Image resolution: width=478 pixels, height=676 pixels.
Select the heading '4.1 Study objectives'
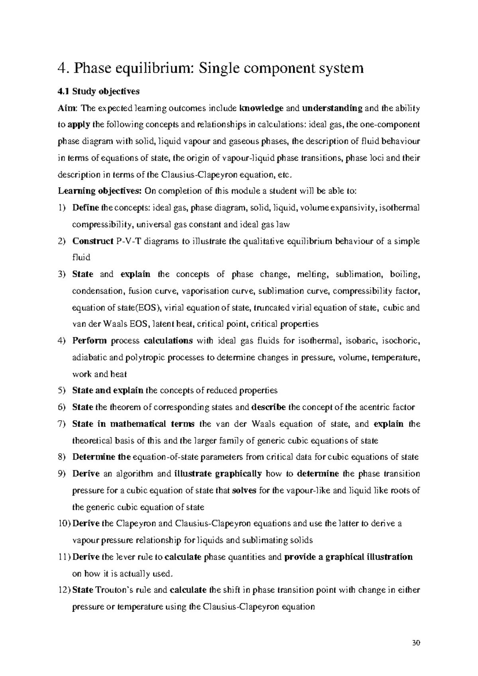click(x=99, y=91)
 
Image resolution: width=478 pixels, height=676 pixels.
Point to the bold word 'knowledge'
click(x=262, y=108)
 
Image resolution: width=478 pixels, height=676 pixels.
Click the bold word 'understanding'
click(x=332, y=108)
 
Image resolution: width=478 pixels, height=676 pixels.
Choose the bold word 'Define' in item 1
click(x=85, y=208)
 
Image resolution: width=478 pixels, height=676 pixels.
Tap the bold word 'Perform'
click(x=90, y=341)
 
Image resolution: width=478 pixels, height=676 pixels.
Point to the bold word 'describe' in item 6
click(x=269, y=407)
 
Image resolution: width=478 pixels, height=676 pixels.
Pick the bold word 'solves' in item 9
click(x=244, y=491)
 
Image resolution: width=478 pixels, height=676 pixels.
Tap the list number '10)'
click(x=64, y=524)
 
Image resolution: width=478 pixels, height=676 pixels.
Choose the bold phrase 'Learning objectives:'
click(x=100, y=191)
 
